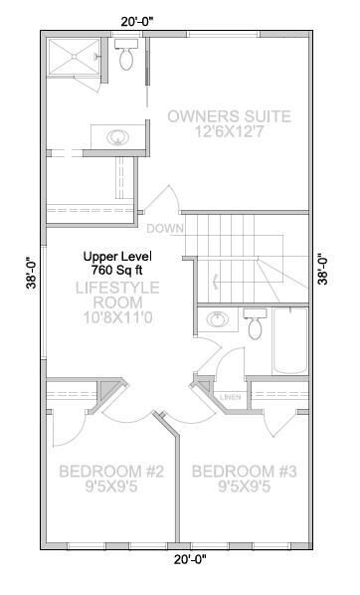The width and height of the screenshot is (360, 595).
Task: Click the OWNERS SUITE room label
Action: pos(229,116)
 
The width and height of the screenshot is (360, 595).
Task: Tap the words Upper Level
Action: pos(117,255)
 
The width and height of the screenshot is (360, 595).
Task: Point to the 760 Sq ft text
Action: pos(117,270)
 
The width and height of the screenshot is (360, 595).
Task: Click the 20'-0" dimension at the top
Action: pos(136,19)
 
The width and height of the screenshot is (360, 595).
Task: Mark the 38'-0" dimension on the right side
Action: pos(322,266)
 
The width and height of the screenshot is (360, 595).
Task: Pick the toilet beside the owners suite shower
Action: pos(126,57)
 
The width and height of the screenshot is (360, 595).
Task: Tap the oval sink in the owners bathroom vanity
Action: pos(110,135)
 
